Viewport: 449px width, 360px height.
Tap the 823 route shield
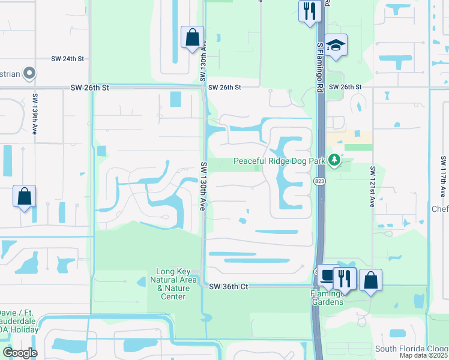click(x=318, y=180)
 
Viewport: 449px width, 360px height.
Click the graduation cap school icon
click(x=336, y=45)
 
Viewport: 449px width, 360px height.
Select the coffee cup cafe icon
click(x=327, y=277)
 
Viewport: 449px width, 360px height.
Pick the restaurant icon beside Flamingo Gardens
click(x=345, y=278)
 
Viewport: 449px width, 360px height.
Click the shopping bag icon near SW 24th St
click(x=191, y=38)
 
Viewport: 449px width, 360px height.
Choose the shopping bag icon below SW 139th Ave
click(x=24, y=196)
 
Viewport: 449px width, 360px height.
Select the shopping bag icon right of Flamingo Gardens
click(x=370, y=280)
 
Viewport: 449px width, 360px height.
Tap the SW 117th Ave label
click(x=443, y=176)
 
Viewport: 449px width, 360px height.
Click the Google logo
click(x=20, y=353)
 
